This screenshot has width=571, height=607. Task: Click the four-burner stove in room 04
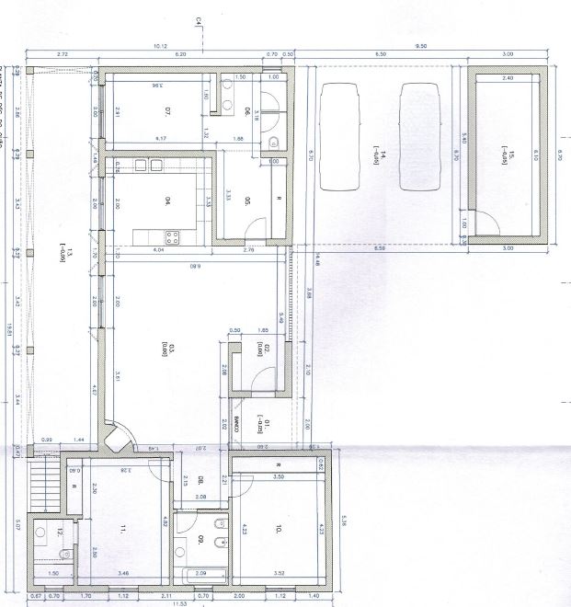click(x=172, y=235)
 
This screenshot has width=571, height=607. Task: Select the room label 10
click(x=277, y=529)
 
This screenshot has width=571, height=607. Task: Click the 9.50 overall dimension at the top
click(x=421, y=46)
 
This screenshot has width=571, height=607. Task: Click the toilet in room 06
click(x=275, y=141)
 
